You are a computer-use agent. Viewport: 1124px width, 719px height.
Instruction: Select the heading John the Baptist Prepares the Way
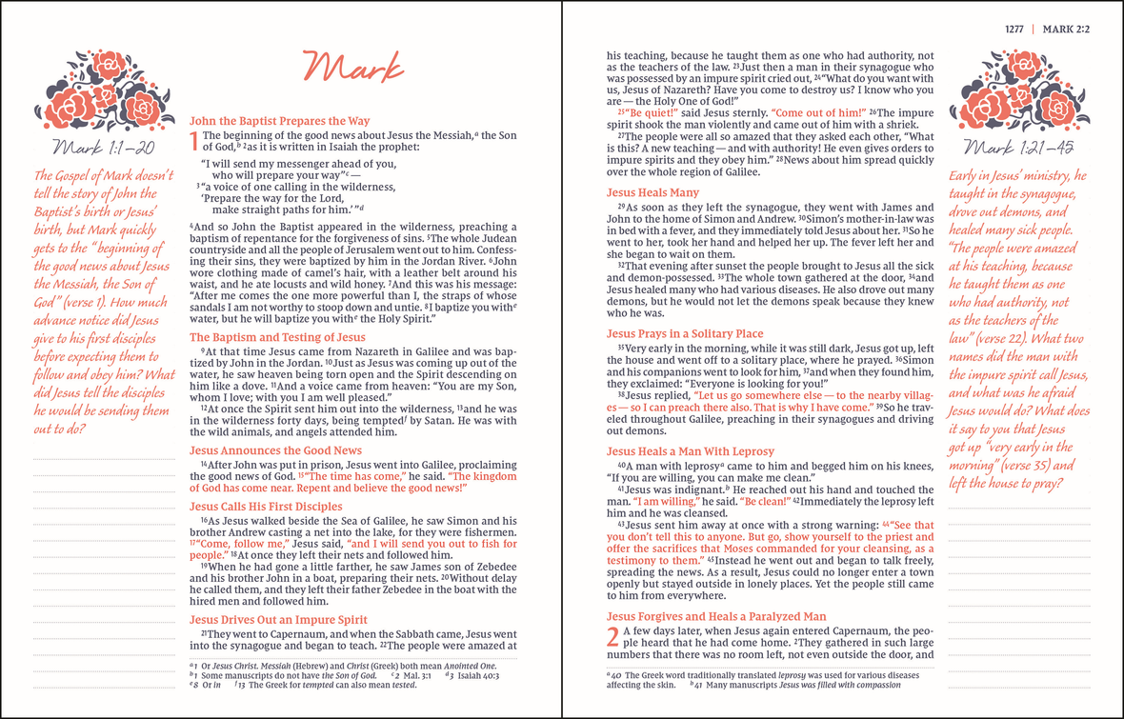click(x=279, y=122)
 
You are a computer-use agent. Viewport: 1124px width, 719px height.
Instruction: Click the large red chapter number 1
click(x=195, y=142)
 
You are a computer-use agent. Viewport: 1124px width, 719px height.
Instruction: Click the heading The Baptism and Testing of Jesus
click(x=277, y=337)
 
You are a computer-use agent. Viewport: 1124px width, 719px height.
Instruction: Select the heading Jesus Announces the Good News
click(x=275, y=450)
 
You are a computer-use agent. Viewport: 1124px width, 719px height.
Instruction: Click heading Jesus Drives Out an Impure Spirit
click(x=278, y=620)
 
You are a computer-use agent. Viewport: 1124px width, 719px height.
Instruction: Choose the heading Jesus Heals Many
click(x=652, y=192)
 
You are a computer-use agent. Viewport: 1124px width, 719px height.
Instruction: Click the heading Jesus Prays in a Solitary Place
click(x=685, y=333)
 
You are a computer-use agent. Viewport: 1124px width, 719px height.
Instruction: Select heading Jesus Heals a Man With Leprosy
click(x=691, y=451)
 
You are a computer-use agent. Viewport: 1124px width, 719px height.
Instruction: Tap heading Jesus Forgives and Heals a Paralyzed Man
click(x=716, y=616)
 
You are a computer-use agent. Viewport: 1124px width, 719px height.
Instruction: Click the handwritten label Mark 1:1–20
click(x=102, y=148)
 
